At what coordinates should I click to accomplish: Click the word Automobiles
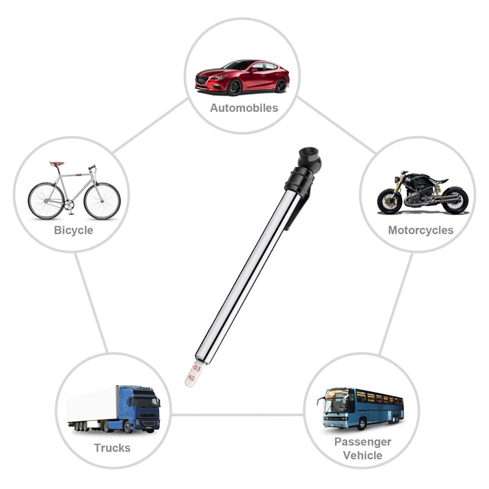click(x=244, y=108)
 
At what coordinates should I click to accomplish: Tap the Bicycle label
click(x=73, y=230)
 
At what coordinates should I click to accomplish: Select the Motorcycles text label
click(x=421, y=230)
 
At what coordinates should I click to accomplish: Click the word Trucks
click(x=112, y=448)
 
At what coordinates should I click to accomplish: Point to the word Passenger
click(x=362, y=442)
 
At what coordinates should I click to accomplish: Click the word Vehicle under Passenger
click(x=362, y=455)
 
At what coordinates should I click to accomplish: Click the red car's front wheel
click(x=235, y=87)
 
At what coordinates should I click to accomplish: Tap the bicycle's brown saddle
click(x=57, y=164)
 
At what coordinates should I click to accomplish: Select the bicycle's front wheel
click(x=102, y=200)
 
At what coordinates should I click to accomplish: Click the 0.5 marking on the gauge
click(x=197, y=369)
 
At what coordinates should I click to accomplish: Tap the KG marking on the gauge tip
click(x=191, y=378)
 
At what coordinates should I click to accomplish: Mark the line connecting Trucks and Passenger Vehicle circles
click(x=237, y=415)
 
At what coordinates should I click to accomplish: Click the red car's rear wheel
click(x=281, y=86)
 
